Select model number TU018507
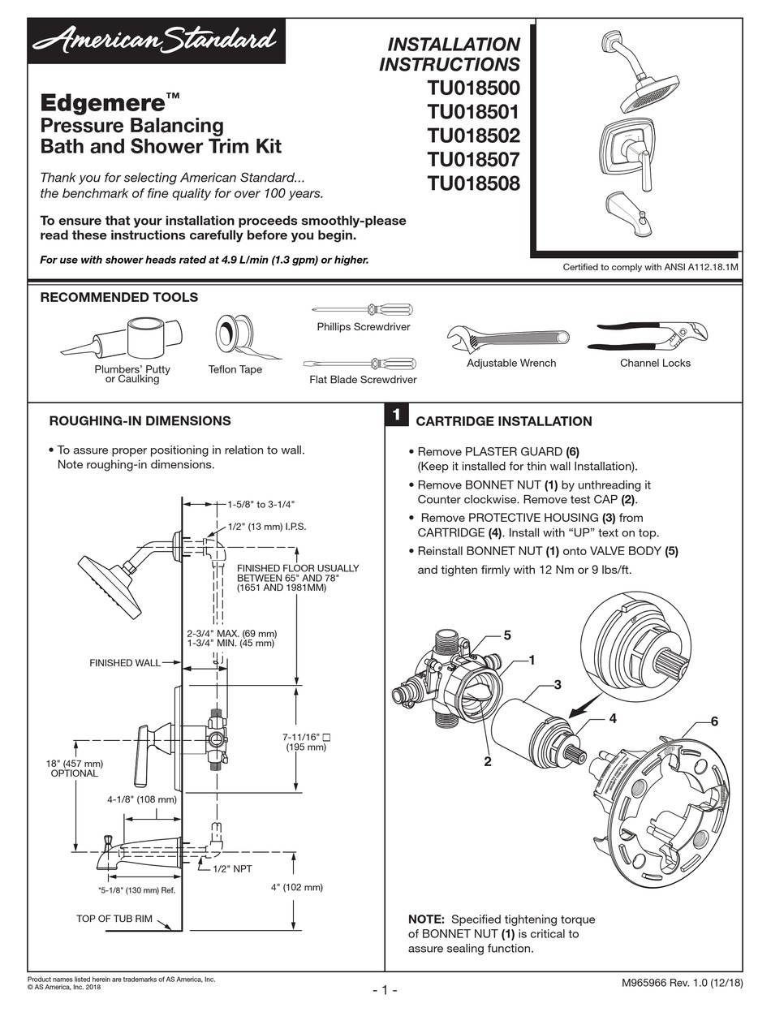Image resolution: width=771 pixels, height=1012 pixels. click(473, 159)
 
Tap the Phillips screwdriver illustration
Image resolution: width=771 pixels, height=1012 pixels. click(363, 309)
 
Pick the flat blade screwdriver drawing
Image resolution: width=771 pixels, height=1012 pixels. click(362, 363)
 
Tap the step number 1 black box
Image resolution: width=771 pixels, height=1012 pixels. click(395, 415)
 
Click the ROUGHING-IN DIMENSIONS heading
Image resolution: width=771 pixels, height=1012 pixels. click(140, 421)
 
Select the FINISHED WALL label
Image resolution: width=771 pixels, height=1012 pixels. click(124, 663)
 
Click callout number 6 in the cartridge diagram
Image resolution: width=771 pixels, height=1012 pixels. click(713, 721)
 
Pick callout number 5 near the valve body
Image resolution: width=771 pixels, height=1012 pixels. click(506, 635)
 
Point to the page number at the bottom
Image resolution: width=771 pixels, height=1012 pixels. click(385, 990)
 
